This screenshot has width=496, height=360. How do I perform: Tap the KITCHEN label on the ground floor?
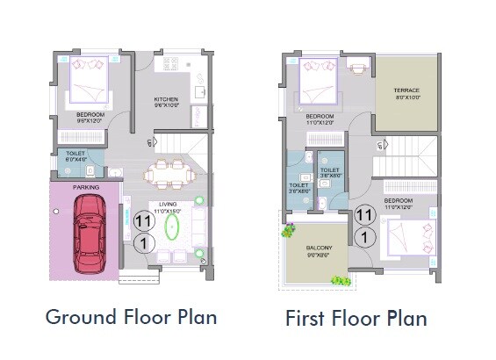coord(167,99)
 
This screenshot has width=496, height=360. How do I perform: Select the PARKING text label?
coord(86,187)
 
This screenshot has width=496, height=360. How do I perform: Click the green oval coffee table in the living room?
coord(172,228)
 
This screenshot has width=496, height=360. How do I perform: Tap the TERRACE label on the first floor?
coord(406,90)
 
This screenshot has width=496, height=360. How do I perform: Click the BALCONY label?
coord(320,249)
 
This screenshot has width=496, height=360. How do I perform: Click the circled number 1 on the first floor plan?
coord(364,237)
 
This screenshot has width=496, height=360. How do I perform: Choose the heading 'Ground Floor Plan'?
coord(131,316)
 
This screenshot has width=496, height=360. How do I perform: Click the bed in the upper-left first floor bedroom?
coord(319,83)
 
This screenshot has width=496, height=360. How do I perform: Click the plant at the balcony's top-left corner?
coord(288,230)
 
